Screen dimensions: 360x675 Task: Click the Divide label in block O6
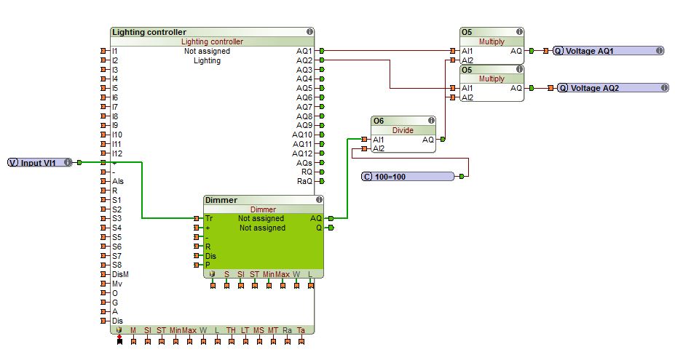[x=403, y=130]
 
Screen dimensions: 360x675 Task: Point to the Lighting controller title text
[x=149, y=32]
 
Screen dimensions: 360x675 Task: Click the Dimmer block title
[x=222, y=200]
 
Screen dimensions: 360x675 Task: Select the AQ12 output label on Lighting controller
[x=302, y=153]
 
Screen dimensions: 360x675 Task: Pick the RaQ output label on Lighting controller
[x=304, y=181]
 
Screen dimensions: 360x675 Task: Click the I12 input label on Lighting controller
[x=117, y=153]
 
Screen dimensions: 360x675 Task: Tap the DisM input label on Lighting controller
[x=120, y=274]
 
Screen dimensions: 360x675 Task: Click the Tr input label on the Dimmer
[x=210, y=218]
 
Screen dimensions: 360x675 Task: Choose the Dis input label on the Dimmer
[x=211, y=256]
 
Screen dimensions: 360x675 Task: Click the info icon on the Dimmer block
[x=318, y=200]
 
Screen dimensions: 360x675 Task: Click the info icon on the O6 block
[x=431, y=121]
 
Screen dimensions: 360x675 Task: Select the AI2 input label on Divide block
[x=378, y=148]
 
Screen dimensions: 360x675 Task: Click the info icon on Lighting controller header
[x=309, y=32]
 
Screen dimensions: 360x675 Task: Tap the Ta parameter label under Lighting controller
[x=301, y=330]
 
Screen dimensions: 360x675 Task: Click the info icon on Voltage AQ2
[x=663, y=88]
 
